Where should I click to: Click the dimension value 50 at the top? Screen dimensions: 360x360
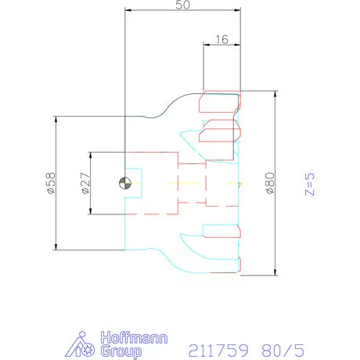click(182, 5)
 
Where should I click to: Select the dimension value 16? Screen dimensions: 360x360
click(221, 40)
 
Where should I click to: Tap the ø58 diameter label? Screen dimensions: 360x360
click(51, 183)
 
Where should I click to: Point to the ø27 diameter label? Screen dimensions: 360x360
click(85, 183)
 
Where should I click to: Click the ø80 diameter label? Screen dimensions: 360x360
click(270, 183)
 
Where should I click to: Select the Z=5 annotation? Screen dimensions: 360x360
click(310, 184)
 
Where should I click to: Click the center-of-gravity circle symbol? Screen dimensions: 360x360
click(125, 183)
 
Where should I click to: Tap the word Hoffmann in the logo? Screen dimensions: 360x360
click(134, 337)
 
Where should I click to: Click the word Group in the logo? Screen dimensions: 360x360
click(121, 351)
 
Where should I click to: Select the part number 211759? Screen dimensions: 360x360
click(218, 351)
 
